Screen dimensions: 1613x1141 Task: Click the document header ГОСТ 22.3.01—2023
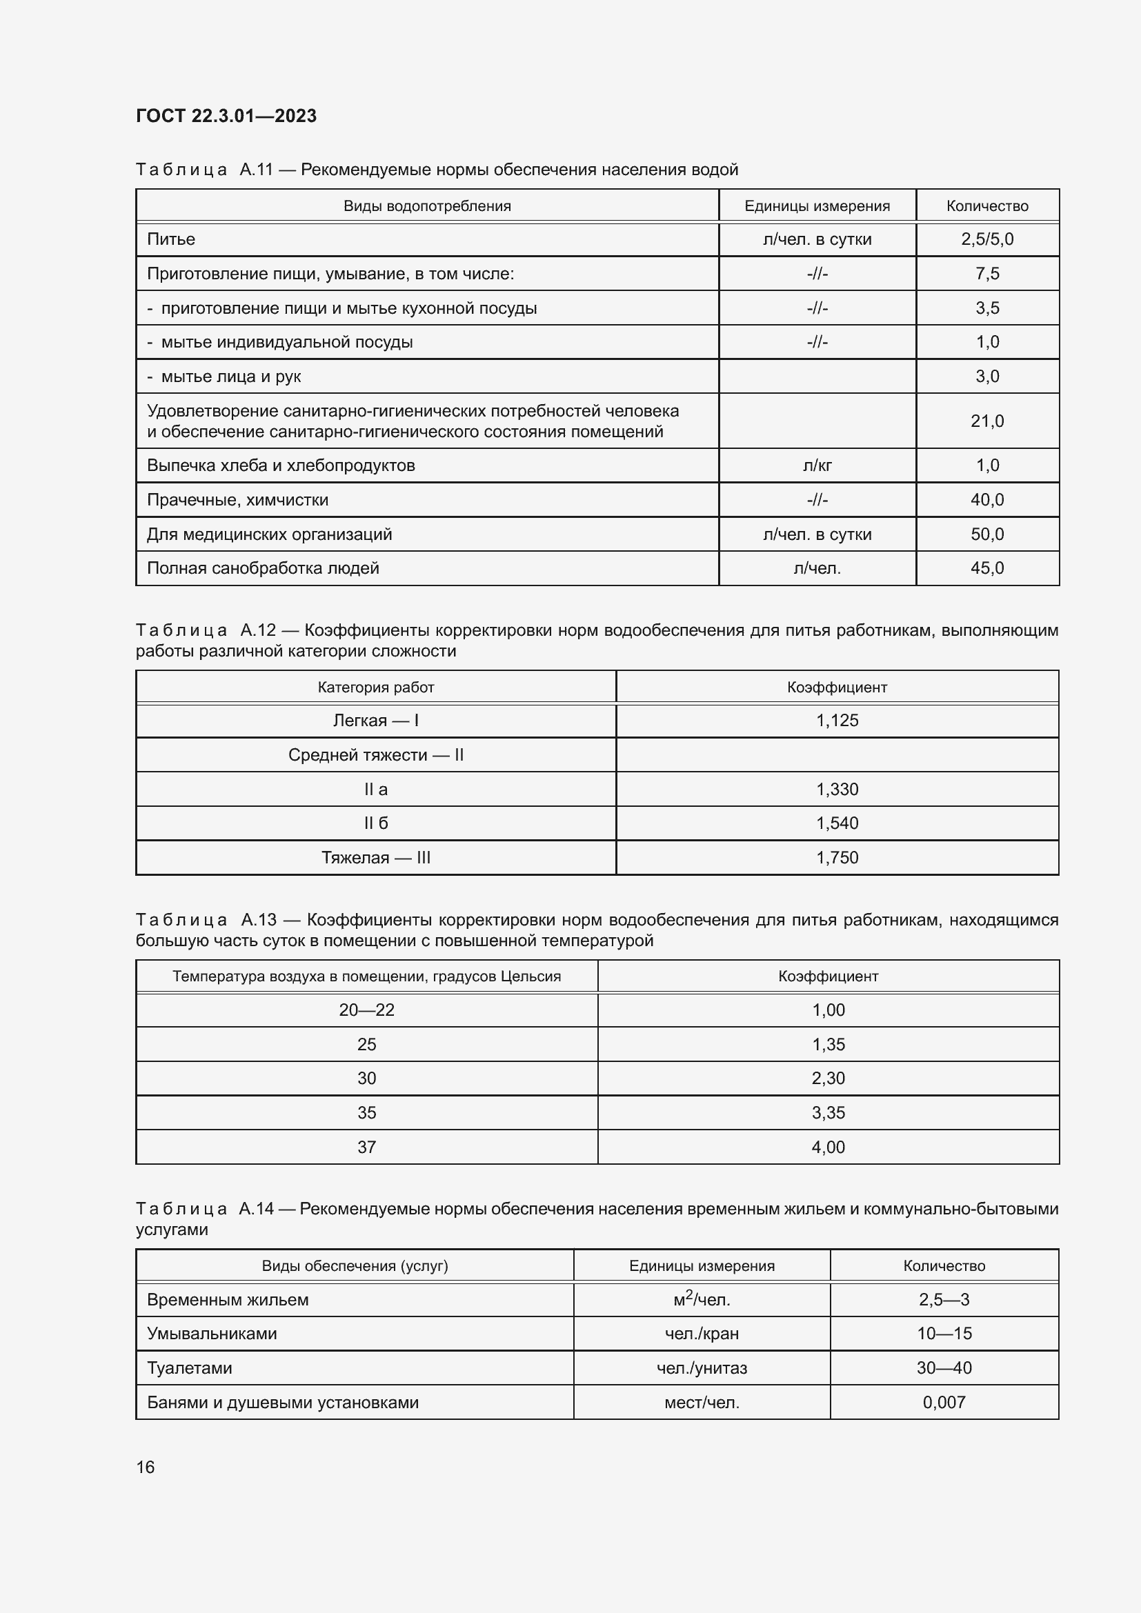[x=226, y=116]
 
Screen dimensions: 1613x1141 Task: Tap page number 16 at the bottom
[x=146, y=1467]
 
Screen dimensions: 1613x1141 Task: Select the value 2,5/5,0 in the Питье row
[x=986, y=239]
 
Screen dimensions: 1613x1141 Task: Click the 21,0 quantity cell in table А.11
[x=986, y=421]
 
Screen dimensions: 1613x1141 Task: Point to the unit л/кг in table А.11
[x=816, y=465]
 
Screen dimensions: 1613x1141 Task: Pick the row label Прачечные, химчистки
[x=237, y=500]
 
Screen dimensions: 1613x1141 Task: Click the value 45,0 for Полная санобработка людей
[x=986, y=568]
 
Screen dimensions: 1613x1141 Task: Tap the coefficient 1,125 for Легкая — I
[x=836, y=721]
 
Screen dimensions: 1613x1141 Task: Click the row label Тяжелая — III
[x=375, y=858]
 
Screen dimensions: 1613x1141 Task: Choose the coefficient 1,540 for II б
[x=836, y=823]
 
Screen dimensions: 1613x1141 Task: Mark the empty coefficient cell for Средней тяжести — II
[x=836, y=755]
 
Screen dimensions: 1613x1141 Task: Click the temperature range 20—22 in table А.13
[x=366, y=1010]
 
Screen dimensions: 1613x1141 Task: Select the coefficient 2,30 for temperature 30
[x=828, y=1079]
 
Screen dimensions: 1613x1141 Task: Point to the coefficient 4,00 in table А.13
[x=828, y=1148]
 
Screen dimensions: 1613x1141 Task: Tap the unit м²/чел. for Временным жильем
[x=701, y=1300]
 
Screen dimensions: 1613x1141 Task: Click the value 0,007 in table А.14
[x=944, y=1402]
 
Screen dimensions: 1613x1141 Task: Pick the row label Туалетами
[x=189, y=1367]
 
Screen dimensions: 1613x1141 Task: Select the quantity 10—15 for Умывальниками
[x=944, y=1334]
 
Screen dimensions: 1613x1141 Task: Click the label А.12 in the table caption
[x=257, y=630]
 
